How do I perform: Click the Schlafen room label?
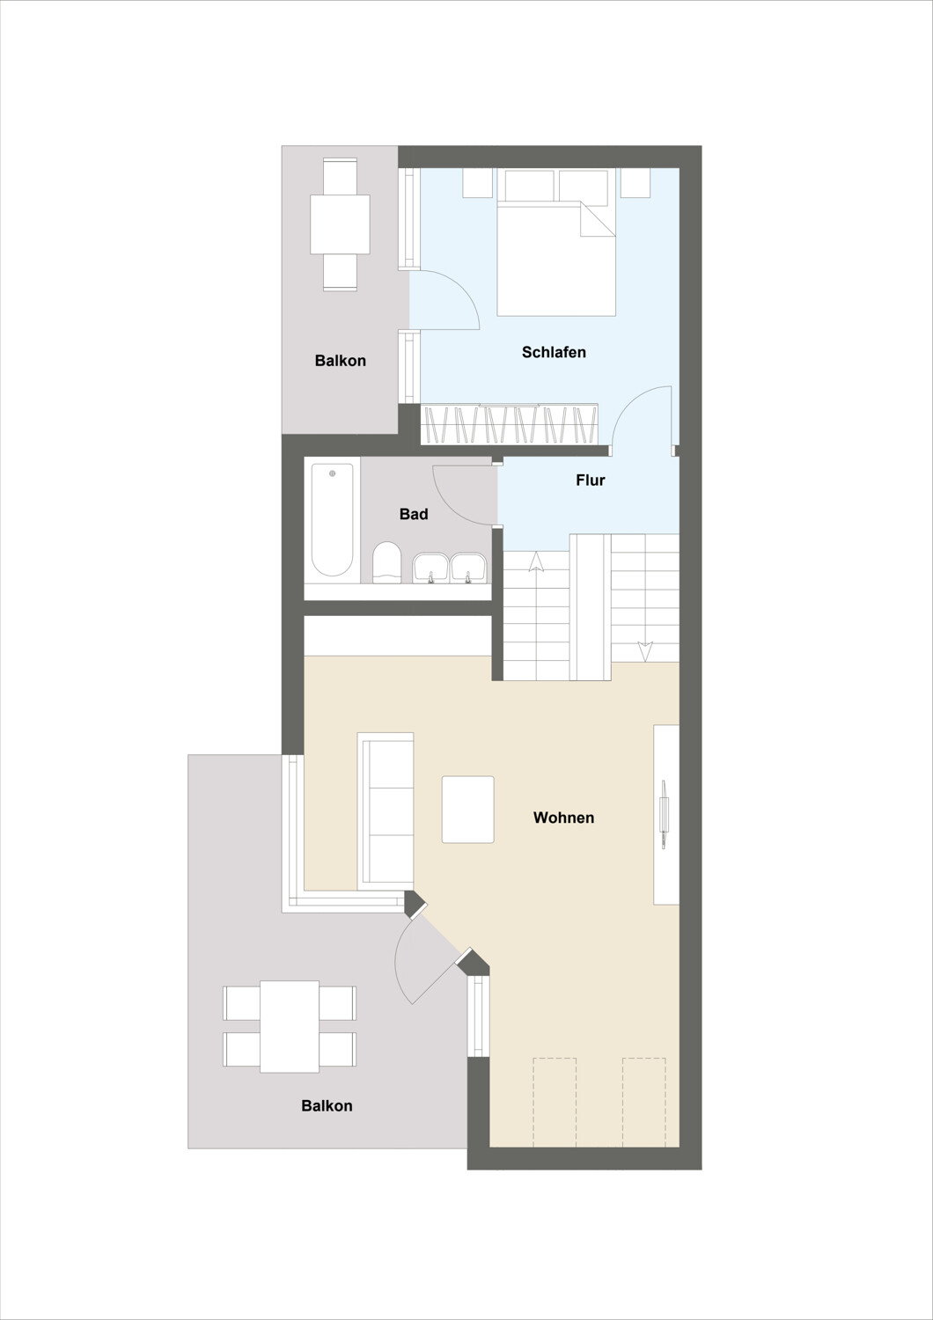(554, 352)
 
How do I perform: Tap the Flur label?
(590, 480)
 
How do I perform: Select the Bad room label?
(413, 514)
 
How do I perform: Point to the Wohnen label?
(563, 818)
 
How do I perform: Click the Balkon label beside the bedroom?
(340, 360)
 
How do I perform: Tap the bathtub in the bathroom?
(332, 519)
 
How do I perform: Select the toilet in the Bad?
(386, 562)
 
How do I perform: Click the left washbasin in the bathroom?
(430, 568)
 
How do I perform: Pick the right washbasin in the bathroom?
(468, 568)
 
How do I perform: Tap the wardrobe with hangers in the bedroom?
(510, 423)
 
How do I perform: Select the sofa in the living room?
(386, 811)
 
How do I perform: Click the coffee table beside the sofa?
(468, 809)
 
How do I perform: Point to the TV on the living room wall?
(665, 814)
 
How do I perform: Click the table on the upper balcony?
(340, 224)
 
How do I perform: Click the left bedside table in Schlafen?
(477, 183)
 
